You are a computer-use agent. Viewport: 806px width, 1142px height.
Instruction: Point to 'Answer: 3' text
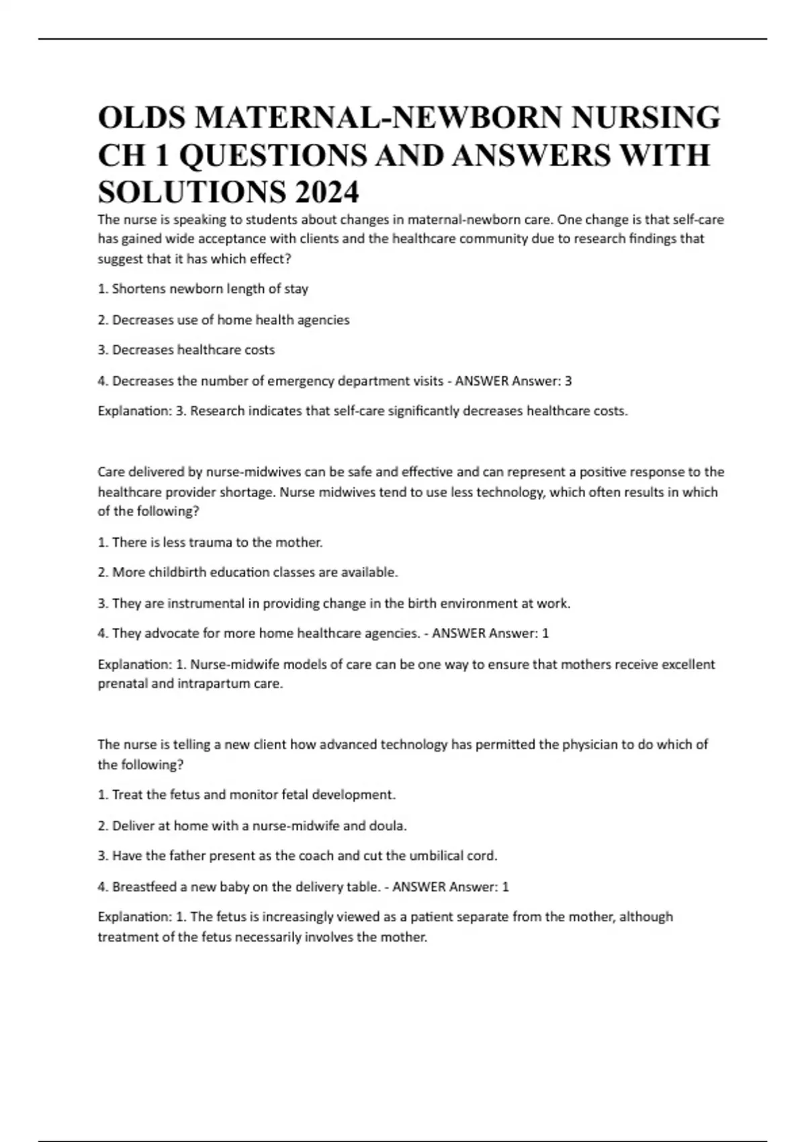[541, 381]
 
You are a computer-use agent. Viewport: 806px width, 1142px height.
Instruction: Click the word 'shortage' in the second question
[249, 492]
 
